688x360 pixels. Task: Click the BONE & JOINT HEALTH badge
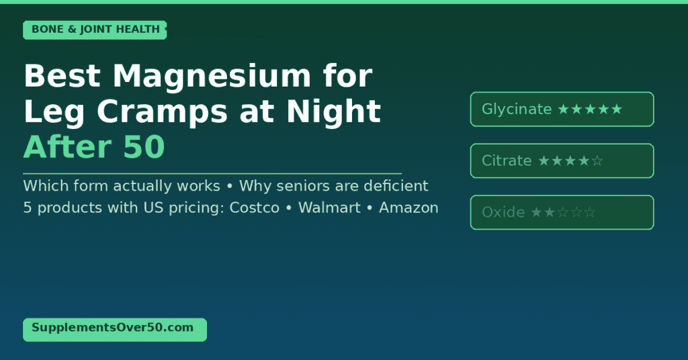(95, 30)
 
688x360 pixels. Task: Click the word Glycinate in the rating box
(517, 109)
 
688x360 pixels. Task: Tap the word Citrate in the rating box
(507, 161)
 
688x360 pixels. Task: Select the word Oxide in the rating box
(503, 213)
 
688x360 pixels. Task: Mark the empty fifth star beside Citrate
(597, 161)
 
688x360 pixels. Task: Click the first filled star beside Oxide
(536, 213)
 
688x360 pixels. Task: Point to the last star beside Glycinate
(617, 109)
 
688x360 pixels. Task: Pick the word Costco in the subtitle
(254, 208)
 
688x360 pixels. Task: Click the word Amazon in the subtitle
(408, 208)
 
